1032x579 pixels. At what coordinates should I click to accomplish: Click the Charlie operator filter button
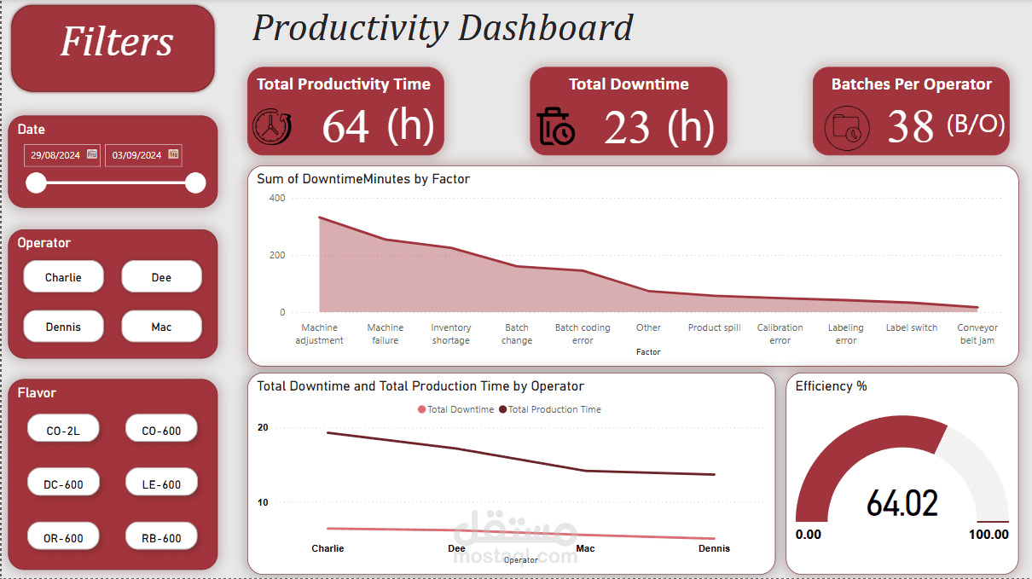tap(63, 277)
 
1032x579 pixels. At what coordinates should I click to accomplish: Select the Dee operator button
tap(161, 277)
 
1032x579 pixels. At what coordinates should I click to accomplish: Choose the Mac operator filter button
tap(161, 327)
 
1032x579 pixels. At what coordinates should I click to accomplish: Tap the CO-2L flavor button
tap(63, 431)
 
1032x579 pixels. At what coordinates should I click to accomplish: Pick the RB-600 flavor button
tap(161, 538)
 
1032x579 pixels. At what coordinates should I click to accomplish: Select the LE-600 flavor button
tap(161, 484)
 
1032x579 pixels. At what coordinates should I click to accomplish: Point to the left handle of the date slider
tap(36, 182)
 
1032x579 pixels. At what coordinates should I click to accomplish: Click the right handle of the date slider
tap(195, 182)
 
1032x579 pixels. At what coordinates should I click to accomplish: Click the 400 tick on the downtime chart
tap(276, 198)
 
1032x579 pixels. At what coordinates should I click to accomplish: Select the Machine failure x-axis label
tap(386, 333)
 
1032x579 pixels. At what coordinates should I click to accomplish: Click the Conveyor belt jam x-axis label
tap(977, 333)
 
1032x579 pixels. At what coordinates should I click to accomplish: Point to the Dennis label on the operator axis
tap(714, 548)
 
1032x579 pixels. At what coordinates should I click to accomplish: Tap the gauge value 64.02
tap(902, 503)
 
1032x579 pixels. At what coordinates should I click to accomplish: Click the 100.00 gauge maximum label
tap(989, 535)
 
